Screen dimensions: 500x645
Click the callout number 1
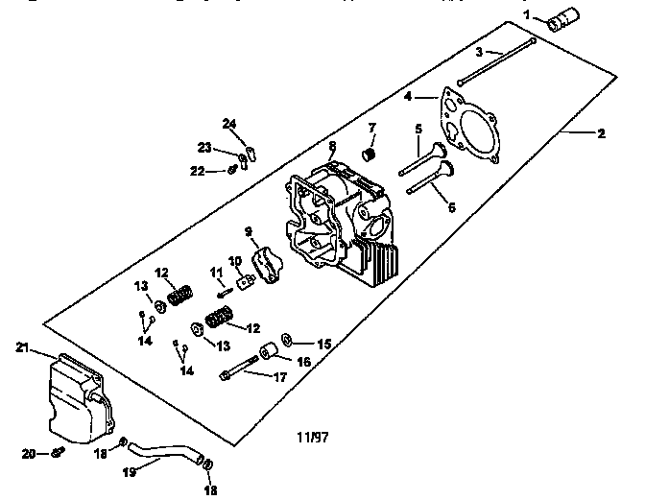(x=526, y=13)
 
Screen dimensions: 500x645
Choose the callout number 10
(x=234, y=260)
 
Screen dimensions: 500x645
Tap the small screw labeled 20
(x=60, y=451)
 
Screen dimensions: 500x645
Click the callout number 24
(x=228, y=123)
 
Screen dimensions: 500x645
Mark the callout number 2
(x=601, y=133)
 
